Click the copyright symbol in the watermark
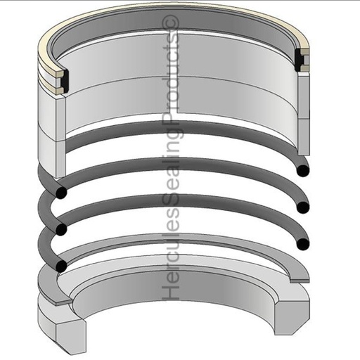[x=171, y=25]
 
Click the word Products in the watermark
[x=171, y=78]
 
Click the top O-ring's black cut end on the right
[x=303, y=170]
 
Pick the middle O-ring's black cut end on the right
[x=303, y=207]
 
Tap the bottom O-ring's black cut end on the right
[x=303, y=244]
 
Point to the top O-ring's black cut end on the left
[x=61, y=193]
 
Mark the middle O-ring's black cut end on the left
[x=61, y=230]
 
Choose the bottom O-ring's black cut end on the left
[x=61, y=266]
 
